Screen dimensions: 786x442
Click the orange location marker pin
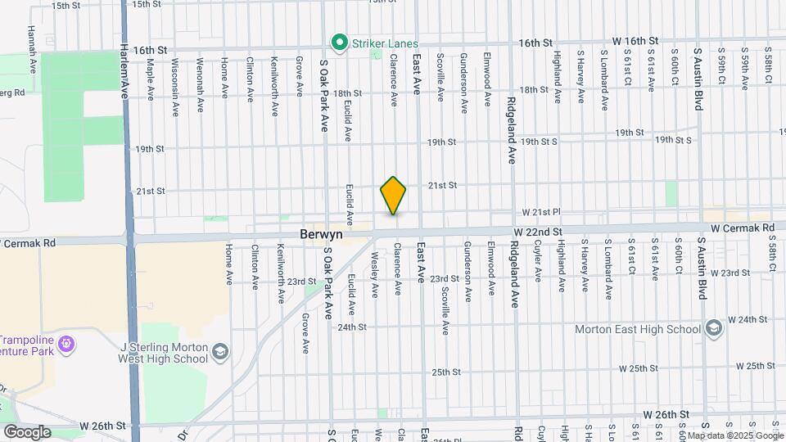[393, 196]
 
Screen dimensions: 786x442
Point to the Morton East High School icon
[713, 328]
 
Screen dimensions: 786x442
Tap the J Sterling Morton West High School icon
[219, 352]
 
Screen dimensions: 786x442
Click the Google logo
[27, 431]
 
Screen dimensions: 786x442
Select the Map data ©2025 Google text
[735, 435]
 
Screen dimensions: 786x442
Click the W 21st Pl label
[540, 212]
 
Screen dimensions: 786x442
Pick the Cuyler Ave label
[538, 261]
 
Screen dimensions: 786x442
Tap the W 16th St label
[635, 40]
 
